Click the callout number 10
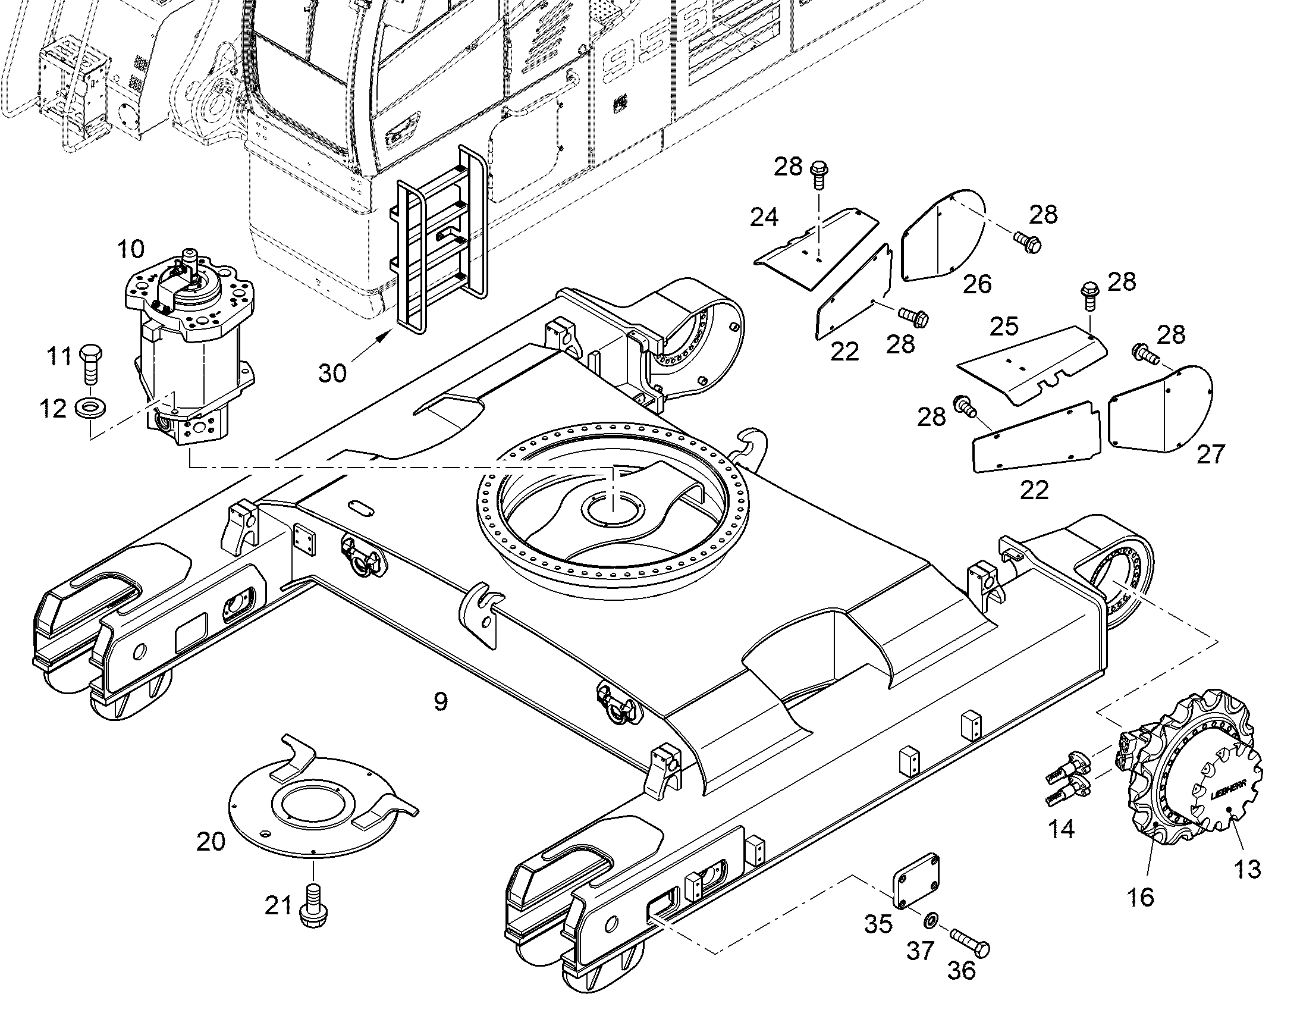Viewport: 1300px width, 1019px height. coord(131,249)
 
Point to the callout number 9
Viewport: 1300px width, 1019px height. coord(440,702)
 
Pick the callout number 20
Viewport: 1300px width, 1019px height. coord(212,842)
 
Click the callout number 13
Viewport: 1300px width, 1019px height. coord(1248,868)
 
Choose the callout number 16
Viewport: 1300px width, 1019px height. coord(1141,896)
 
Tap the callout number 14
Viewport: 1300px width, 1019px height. coord(1062,829)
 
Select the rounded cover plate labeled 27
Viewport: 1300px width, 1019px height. coord(1160,409)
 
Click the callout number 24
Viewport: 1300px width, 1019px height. coord(765,217)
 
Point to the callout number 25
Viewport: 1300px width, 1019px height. coord(1004,327)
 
